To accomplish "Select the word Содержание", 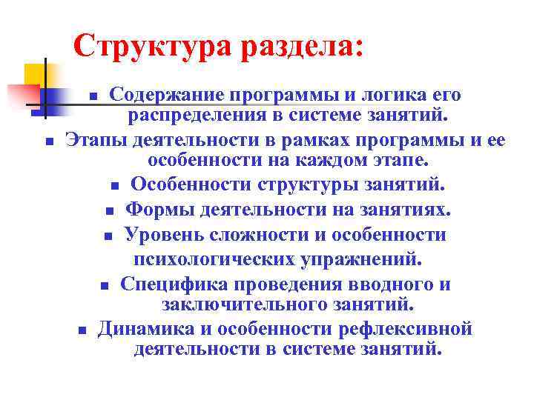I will [167, 95].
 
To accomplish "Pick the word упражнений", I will [367, 259].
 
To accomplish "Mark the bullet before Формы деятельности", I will [109, 212].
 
